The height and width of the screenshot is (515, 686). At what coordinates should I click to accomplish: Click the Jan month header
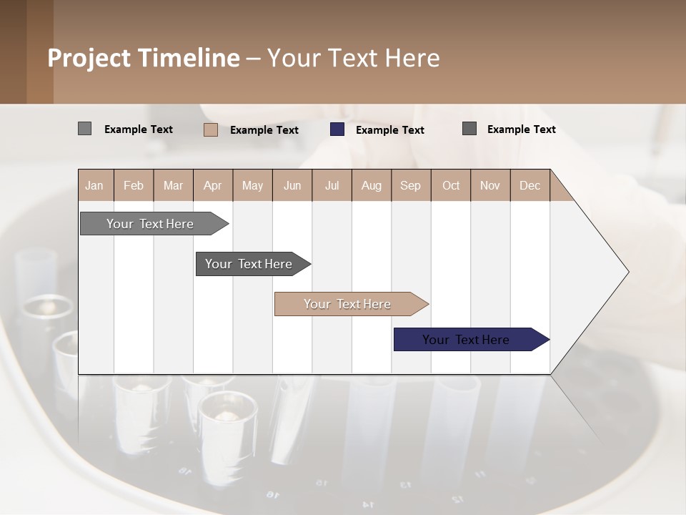94,185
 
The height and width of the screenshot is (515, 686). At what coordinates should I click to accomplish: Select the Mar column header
173,185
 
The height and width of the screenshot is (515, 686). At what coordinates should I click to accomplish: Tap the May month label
252,185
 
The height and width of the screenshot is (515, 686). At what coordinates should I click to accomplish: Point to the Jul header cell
332,185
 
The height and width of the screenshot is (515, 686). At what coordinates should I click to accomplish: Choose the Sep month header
410,185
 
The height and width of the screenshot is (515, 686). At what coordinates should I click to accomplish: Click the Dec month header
530,185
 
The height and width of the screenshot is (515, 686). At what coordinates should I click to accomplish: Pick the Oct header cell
451,185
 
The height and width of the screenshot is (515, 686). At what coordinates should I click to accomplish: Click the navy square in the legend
337,129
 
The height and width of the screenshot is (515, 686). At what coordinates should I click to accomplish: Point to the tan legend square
211,129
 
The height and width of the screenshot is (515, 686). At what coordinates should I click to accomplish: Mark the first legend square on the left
84,129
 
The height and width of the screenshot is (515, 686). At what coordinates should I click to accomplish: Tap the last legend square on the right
469,129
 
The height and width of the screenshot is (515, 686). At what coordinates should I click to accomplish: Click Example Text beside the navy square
389,130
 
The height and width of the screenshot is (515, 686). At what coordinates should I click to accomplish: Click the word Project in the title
90,58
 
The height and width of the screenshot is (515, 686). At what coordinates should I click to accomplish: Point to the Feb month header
134,185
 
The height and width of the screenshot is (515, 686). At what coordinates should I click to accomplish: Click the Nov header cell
490,185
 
